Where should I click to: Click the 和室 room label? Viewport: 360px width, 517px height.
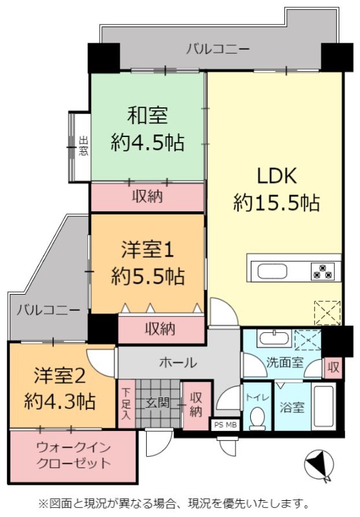pos(147,116)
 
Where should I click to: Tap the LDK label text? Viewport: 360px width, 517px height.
pos(277,176)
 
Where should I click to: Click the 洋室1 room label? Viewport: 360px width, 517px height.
pos(147,249)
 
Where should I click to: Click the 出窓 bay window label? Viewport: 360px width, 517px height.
pos(83,147)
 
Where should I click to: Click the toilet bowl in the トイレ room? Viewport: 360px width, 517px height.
pos(258,417)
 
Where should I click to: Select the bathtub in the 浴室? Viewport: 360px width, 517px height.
pos(323,407)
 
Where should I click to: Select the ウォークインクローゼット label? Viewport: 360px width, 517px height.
pos(73,455)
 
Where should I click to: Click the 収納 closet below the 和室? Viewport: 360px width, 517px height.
pos(147,196)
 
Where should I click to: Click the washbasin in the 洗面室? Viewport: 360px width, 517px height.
pos(274,339)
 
